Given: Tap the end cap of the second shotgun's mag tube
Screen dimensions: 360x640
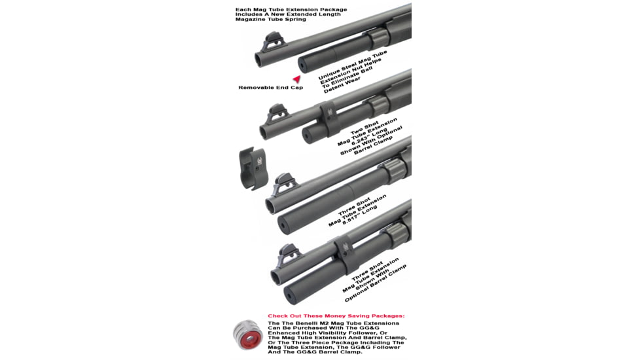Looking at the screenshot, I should pyautogui.click(x=306, y=137).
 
